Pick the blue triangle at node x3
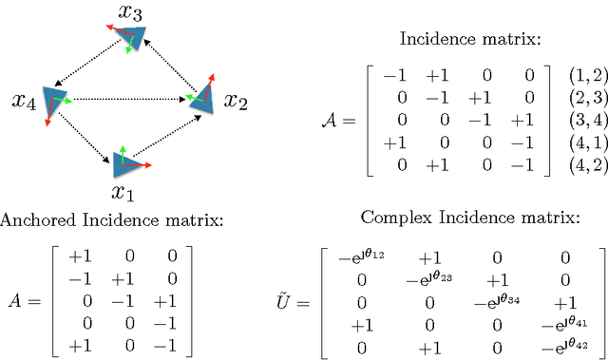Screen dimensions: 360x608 pos(131,39)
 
